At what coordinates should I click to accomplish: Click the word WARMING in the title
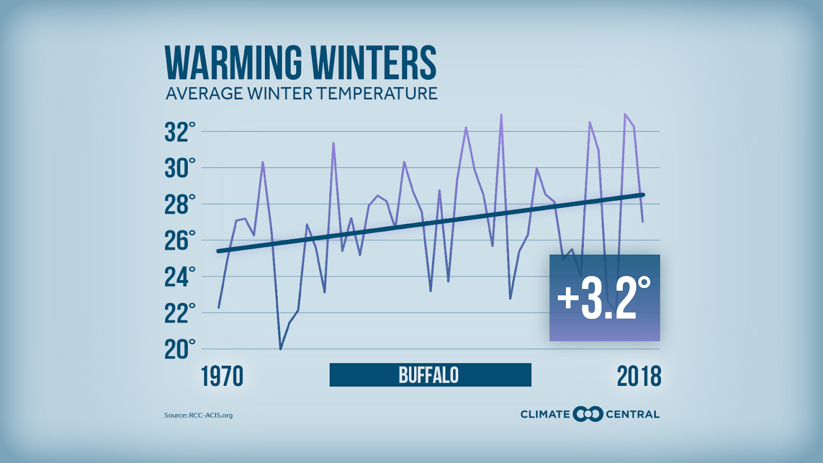(234, 63)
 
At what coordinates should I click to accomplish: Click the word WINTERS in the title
(373, 63)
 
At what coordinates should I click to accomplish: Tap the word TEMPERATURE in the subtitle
(377, 94)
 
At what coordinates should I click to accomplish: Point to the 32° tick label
(180, 132)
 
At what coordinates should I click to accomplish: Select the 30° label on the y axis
(180, 168)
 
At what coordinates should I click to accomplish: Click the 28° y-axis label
(180, 205)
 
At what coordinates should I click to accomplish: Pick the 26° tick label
(180, 241)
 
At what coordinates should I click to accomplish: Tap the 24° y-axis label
(180, 277)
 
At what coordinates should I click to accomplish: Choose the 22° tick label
(180, 313)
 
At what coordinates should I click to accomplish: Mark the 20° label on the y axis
(180, 350)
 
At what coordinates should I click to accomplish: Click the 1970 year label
(222, 377)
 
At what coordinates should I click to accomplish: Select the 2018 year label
(639, 377)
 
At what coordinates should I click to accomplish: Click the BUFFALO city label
(429, 375)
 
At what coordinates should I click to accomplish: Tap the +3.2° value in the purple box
(604, 298)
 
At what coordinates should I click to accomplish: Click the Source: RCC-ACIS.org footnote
(199, 415)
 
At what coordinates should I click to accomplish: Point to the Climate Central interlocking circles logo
(588, 414)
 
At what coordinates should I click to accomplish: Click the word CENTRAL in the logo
(633, 414)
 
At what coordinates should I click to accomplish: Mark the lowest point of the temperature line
(280, 349)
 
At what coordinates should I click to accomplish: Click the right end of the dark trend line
(643, 194)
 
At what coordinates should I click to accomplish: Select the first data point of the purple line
(219, 308)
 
